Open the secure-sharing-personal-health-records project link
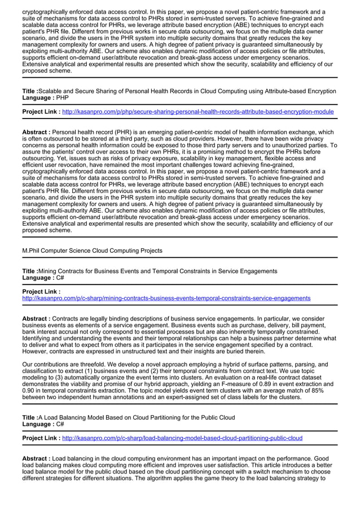coord(197,112)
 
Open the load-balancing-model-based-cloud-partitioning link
coord(182,438)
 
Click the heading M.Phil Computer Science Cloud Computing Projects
coord(92,251)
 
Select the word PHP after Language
coord(62,98)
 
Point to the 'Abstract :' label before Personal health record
coord(36,132)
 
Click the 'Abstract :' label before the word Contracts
coord(36,318)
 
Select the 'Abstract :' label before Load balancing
coord(36,458)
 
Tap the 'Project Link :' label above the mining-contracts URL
coord(41,292)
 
